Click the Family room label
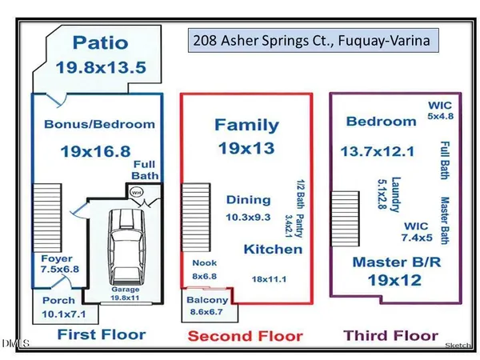[x=246, y=125]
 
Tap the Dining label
[x=247, y=200]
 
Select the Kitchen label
[x=274, y=250]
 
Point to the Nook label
[x=205, y=262]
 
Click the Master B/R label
[x=391, y=262]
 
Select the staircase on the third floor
[x=344, y=215]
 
